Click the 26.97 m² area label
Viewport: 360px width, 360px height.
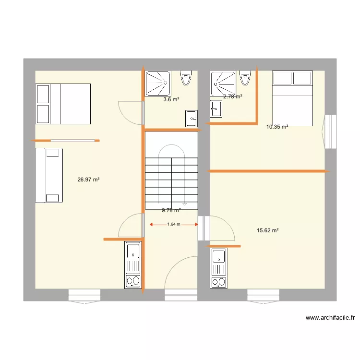point(88,180)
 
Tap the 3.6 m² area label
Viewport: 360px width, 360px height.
point(171,100)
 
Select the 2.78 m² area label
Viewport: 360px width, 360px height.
point(233,96)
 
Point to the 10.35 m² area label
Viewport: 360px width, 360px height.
point(277,127)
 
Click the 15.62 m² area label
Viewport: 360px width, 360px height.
point(268,230)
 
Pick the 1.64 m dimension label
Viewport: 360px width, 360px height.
point(174,224)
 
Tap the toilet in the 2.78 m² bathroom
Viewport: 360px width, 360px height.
point(245,78)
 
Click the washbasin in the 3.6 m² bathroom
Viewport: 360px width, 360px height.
point(192,118)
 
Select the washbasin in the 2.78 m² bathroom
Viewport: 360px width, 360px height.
point(216,108)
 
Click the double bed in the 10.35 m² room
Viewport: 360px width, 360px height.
point(292,98)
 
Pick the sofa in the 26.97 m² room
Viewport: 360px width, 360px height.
point(48,175)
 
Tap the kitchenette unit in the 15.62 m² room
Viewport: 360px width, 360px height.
point(218,268)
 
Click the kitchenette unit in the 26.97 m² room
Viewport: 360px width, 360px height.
point(133,264)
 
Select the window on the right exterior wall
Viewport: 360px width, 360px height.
point(330,132)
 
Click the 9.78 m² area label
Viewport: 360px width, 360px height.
point(171,210)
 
